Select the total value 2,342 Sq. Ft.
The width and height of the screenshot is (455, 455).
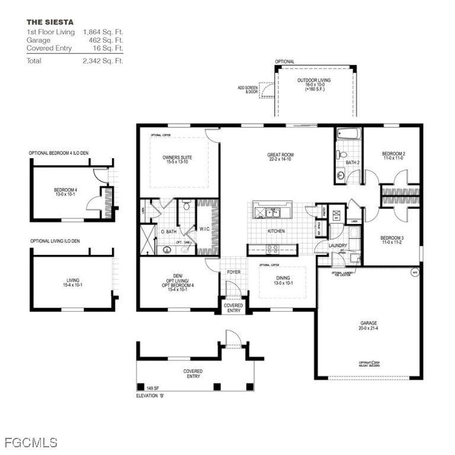click(102, 61)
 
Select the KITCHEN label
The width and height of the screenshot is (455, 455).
click(276, 231)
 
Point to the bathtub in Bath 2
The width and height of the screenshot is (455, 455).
click(348, 135)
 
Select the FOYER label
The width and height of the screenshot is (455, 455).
click(233, 272)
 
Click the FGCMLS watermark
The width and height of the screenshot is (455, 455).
click(31, 443)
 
